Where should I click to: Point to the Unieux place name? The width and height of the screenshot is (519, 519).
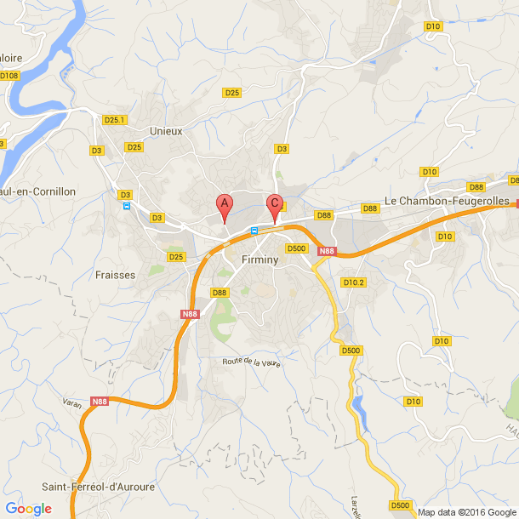[166, 131]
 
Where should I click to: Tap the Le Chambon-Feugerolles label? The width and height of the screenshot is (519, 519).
[447, 201]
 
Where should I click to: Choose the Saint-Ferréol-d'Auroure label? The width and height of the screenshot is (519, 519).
[99, 487]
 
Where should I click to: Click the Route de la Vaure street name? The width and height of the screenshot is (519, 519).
[251, 362]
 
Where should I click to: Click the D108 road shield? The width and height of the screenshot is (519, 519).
[9, 76]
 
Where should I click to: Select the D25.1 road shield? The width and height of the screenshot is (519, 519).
[114, 120]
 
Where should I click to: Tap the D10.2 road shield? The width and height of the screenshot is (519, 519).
[353, 282]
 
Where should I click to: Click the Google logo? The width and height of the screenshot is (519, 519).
[27, 509]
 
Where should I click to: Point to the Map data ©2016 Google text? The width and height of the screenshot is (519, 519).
[466, 512]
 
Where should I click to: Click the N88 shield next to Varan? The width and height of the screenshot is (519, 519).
[100, 402]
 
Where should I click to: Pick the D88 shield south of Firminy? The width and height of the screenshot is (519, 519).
[220, 293]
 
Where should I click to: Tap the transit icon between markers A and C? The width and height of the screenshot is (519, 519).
[254, 231]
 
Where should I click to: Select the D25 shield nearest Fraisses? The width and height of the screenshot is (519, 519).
[176, 257]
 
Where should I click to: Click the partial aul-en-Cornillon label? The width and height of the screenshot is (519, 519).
[38, 191]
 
